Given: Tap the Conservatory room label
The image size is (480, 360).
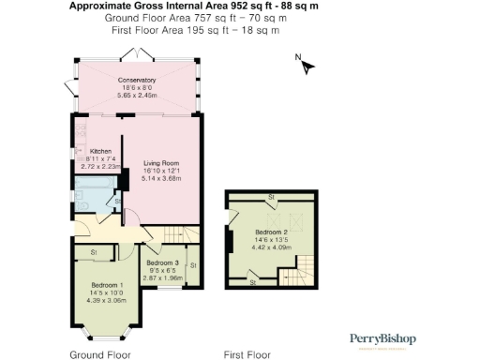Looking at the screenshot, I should coord(137,80).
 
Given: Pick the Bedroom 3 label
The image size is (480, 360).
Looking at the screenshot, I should coord(162,263).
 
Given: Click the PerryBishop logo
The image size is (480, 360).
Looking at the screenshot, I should coord(382,339).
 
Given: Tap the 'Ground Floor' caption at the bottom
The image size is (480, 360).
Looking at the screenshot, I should coord(100,354).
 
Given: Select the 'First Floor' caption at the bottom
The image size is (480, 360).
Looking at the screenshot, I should coord(247,354).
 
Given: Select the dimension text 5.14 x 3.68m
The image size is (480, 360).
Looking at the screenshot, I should coord(160,178).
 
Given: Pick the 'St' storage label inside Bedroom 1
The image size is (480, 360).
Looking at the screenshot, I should coord(95,252).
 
